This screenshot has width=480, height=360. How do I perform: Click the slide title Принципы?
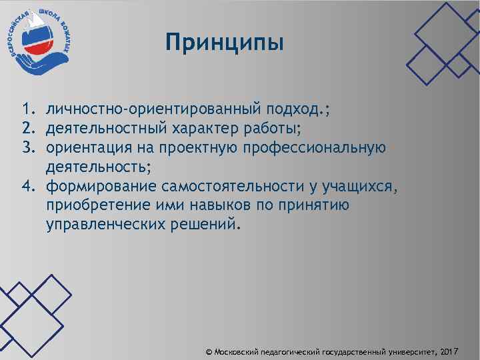[225, 43]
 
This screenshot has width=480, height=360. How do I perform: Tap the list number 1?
[26, 109]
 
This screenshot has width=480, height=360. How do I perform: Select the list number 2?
[26, 127]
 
